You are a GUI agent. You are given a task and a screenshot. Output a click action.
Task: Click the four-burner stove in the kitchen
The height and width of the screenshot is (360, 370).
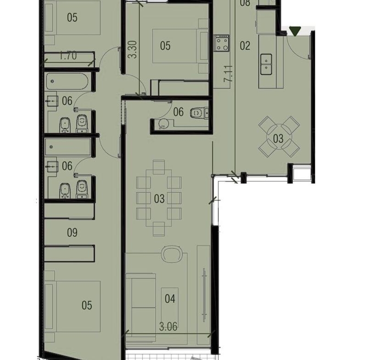pos(222,43)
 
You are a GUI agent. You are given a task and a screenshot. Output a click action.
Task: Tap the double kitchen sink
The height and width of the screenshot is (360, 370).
pos(266,64)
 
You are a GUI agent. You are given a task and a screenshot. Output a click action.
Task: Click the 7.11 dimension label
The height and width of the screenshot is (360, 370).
pos(229,74)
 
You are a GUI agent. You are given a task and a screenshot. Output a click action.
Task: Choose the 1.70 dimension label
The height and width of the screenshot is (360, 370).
pos(68,56)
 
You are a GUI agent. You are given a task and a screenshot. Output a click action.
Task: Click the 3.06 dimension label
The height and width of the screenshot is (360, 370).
pos(168,327)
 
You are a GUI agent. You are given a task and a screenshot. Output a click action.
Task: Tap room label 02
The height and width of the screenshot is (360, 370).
pos(245,46)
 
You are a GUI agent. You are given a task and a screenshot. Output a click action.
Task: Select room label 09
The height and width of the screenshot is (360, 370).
pos(72,233)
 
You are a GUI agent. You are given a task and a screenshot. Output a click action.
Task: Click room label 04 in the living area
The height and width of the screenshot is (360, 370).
pos(170,299)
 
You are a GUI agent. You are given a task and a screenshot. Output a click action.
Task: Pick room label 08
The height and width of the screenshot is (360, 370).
pos(245,3)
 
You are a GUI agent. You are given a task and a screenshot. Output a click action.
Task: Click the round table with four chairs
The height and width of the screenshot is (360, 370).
pos(279,137)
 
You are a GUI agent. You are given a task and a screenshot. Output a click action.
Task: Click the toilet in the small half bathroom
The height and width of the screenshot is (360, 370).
pos(199,113)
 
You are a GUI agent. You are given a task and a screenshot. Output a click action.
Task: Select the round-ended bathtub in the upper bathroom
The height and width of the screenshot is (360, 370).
pos(67,81)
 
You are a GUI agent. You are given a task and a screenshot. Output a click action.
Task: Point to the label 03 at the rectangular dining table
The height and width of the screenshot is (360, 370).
pos(159,199)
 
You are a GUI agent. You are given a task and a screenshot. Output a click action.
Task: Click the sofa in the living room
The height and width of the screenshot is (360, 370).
pos(140,308)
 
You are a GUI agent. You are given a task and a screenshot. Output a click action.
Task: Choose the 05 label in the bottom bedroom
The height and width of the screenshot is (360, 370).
pos(87,305)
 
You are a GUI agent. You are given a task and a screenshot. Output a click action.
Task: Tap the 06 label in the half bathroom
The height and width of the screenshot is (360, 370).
pos(178,112)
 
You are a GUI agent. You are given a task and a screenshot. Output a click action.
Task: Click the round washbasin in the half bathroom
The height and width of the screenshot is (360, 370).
pos(163,123)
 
